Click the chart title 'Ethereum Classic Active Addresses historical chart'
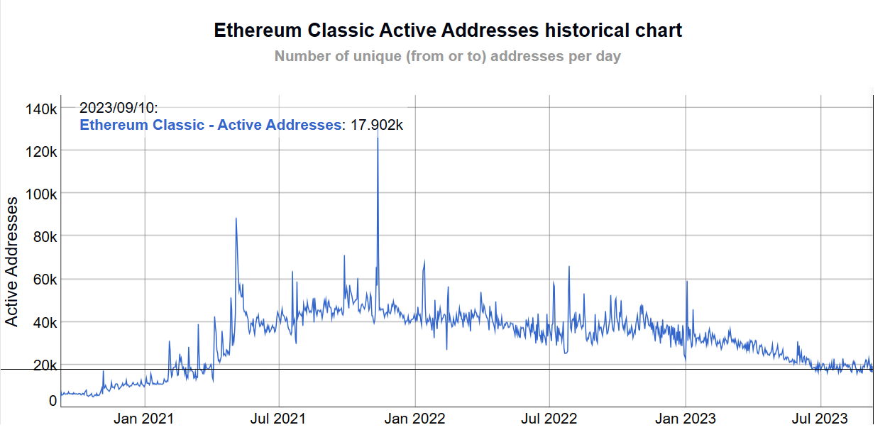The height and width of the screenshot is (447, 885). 448,31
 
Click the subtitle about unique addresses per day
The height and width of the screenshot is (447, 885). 447,56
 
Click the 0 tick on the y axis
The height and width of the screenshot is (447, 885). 52,401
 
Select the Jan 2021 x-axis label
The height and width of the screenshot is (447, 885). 143,419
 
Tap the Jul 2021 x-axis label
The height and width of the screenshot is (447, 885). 278,419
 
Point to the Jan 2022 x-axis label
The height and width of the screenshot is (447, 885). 416,419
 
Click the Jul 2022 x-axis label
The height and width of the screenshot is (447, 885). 549,419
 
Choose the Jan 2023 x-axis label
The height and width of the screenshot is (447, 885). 686,419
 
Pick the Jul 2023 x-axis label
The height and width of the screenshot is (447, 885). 820,419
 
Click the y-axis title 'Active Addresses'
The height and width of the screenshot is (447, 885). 12,263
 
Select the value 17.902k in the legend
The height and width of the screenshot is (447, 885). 377,125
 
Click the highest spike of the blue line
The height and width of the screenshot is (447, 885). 378,136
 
